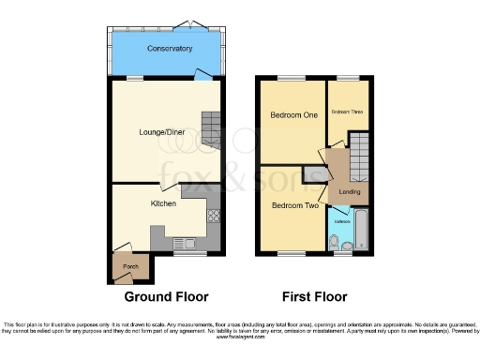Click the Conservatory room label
pyautogui.click(x=170, y=48)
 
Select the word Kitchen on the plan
pyautogui.click(x=164, y=202)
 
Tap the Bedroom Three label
pyautogui.click(x=346, y=112)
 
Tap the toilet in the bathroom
pyautogui.click(x=335, y=242)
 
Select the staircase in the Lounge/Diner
pyautogui.click(x=213, y=128)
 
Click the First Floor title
pyautogui.click(x=314, y=296)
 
